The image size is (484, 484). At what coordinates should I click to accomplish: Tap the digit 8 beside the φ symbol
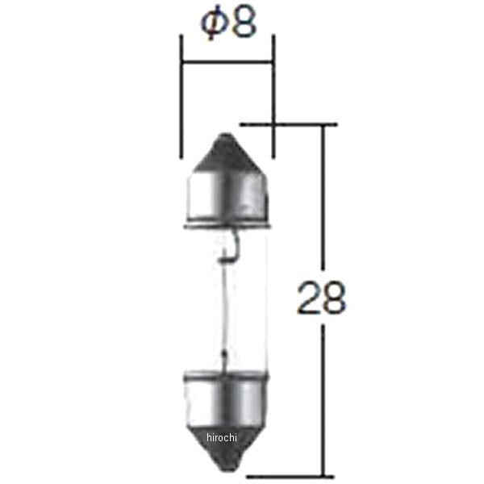point(241,23)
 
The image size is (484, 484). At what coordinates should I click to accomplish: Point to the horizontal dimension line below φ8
point(227,60)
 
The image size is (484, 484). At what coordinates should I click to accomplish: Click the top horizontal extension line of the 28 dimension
point(282,125)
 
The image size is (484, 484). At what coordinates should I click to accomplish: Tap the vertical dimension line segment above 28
point(324,202)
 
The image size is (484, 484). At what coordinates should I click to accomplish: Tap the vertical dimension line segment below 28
point(324,395)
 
